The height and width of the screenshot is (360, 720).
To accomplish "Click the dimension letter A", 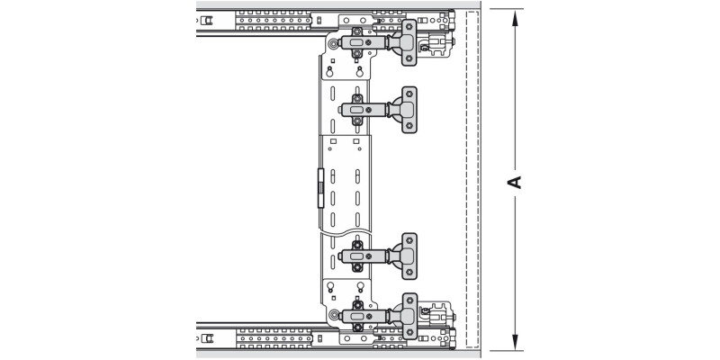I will tap(515, 181).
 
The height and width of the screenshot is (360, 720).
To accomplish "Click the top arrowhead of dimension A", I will tap(515, 15).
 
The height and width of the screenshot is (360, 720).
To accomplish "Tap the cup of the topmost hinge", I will tap(409, 43).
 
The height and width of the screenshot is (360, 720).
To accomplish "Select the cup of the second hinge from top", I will tap(409, 109).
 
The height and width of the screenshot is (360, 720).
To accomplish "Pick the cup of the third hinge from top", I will tap(409, 256).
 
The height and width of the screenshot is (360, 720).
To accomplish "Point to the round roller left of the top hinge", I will tap(334, 43).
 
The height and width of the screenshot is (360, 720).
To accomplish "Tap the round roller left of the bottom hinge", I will tap(334, 315).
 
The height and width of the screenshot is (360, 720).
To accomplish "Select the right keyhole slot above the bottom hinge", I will tap(359, 288).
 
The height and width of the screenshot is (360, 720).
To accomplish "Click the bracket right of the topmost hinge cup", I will tap(439, 43).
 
